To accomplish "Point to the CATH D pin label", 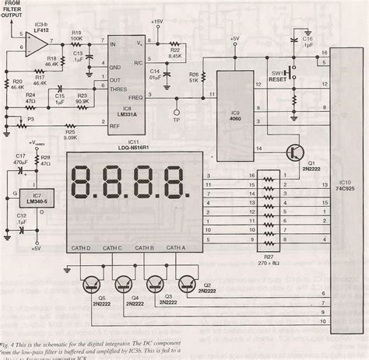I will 82,247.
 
